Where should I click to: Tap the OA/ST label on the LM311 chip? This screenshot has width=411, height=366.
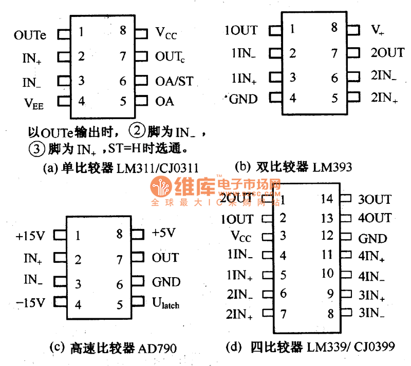(x=175, y=81)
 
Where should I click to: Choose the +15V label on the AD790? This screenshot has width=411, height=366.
(x=30, y=236)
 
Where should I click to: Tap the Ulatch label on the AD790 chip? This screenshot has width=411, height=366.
(x=166, y=304)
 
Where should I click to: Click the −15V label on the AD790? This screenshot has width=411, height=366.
(x=30, y=304)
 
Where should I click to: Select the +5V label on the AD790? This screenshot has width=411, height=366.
(x=164, y=233)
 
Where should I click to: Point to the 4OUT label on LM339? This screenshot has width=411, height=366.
(x=375, y=218)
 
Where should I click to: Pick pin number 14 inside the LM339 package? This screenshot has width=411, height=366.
(x=327, y=199)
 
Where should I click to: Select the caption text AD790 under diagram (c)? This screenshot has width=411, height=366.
(x=157, y=349)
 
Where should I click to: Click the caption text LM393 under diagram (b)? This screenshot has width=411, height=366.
(x=333, y=166)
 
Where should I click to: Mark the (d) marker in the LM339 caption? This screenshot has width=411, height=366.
(x=234, y=348)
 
